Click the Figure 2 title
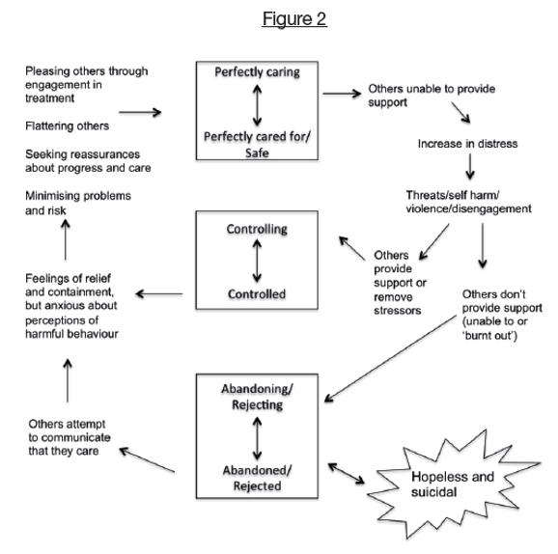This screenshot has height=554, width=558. [294, 18]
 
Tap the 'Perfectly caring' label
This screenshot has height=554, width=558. [257, 72]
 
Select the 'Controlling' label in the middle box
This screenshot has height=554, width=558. [257, 229]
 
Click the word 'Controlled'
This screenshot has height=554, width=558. [257, 294]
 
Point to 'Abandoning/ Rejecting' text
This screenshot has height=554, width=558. [257, 397]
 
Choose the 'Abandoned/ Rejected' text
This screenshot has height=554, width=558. [257, 478]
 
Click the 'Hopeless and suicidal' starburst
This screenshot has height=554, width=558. [454, 484]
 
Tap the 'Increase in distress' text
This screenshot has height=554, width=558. [467, 144]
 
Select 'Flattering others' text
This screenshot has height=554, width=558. [68, 126]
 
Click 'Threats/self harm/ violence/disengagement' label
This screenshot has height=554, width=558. [468, 202]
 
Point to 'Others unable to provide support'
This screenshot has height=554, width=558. [432, 96]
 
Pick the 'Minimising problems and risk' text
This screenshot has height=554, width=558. [78, 204]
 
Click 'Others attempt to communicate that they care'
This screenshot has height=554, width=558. [70, 437]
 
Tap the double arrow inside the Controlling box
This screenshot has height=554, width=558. [257, 261]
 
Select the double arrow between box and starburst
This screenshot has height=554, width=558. [346, 473]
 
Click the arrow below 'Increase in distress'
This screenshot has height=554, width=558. [470, 166]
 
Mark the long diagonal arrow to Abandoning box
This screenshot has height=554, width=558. [390, 359]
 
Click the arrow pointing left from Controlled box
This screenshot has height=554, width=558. [159, 294]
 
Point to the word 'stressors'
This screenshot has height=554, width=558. [397, 311]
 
